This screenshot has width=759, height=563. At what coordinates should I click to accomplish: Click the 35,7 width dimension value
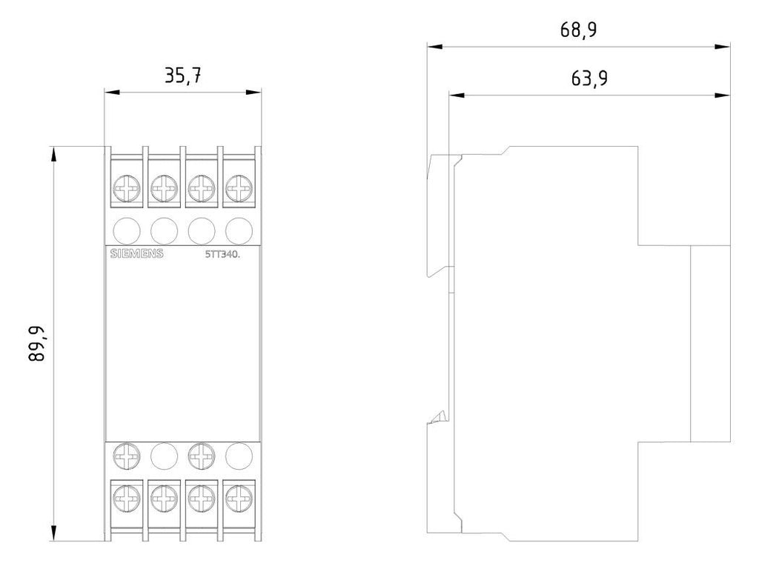[183, 76]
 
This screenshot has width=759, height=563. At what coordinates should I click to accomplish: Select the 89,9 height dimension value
[37, 344]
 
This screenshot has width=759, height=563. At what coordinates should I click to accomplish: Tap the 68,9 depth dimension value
[578, 30]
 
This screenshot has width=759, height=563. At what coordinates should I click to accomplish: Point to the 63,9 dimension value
[589, 78]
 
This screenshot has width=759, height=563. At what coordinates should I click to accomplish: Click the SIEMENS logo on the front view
[136, 253]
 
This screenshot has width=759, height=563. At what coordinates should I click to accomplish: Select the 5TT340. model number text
[222, 254]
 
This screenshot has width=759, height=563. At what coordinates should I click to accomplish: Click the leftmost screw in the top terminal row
[126, 188]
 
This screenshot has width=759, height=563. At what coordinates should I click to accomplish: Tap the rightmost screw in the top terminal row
[239, 188]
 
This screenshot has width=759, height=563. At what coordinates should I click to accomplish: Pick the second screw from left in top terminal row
[164, 188]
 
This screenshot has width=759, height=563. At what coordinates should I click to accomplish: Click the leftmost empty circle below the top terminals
[126, 230]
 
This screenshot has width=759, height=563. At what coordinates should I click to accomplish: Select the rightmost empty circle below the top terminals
[239, 230]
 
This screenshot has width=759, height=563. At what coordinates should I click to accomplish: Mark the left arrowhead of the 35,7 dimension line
[113, 92]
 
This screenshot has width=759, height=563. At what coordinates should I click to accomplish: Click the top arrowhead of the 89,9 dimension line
[53, 154]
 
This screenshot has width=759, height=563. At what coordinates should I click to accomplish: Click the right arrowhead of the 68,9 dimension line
[722, 47]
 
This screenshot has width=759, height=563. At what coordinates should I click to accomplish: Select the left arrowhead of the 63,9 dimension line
[457, 96]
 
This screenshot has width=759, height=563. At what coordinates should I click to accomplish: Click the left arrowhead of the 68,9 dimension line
[435, 47]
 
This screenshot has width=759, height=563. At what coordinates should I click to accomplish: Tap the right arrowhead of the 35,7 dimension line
[253, 92]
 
